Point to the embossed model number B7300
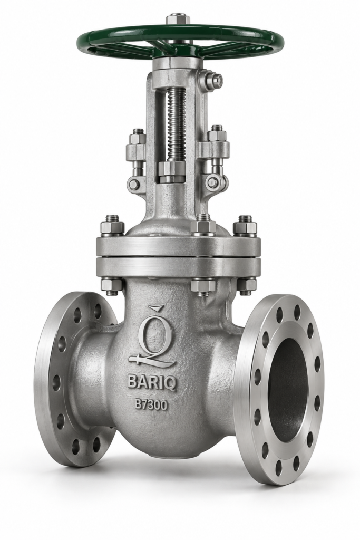151,404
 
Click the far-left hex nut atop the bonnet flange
112,228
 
